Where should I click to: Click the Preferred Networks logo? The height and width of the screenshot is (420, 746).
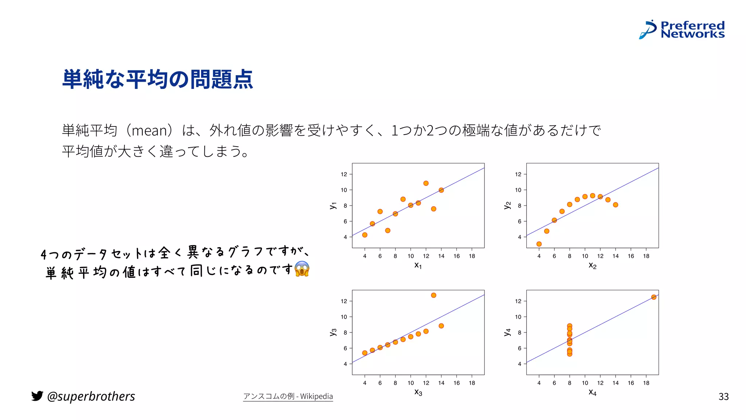pos(682,30)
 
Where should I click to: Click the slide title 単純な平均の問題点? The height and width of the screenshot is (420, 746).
pos(157,79)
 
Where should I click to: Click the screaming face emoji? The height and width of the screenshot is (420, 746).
pos(302,269)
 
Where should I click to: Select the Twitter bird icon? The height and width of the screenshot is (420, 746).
pos(37,396)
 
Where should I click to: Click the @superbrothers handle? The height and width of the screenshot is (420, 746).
pos(91,396)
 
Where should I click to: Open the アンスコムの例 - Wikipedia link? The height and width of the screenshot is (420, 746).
pos(288,396)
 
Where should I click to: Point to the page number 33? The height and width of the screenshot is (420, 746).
pos(723,397)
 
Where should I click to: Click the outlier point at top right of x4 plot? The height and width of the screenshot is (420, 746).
pos(654,297)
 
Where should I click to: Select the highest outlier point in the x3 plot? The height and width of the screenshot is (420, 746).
pos(433,295)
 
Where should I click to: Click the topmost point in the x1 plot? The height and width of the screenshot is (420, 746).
pos(426,183)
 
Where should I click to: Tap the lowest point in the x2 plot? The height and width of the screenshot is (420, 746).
pos(539,244)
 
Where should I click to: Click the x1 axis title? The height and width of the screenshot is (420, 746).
pos(418,266)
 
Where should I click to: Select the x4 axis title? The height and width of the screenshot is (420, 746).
pos(592,393)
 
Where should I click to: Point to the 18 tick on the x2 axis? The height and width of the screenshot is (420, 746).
pos(646,256)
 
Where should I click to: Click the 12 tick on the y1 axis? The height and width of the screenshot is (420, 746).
pos(344,174)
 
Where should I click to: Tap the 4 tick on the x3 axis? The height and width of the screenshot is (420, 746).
pos(365,383)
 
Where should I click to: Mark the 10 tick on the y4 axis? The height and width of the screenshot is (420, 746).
pos(518,317)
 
